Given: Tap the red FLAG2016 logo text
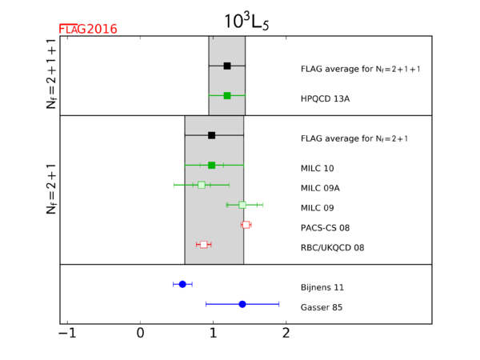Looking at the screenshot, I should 89,30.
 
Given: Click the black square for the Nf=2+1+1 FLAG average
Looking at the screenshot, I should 227,66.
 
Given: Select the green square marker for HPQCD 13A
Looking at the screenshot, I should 227,95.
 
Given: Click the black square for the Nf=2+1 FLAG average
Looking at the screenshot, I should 211,135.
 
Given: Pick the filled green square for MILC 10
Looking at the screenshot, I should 211,165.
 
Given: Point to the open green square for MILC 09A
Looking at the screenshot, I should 202,185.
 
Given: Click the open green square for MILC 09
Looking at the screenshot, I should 242,205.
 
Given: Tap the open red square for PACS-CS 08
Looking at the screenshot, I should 246,225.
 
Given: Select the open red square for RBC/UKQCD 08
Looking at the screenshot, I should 204,244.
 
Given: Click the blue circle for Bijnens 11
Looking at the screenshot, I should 182,284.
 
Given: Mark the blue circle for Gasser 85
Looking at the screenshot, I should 242,304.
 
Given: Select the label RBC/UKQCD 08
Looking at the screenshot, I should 332,248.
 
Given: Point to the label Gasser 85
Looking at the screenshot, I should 321,308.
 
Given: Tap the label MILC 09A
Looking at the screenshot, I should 320,188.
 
